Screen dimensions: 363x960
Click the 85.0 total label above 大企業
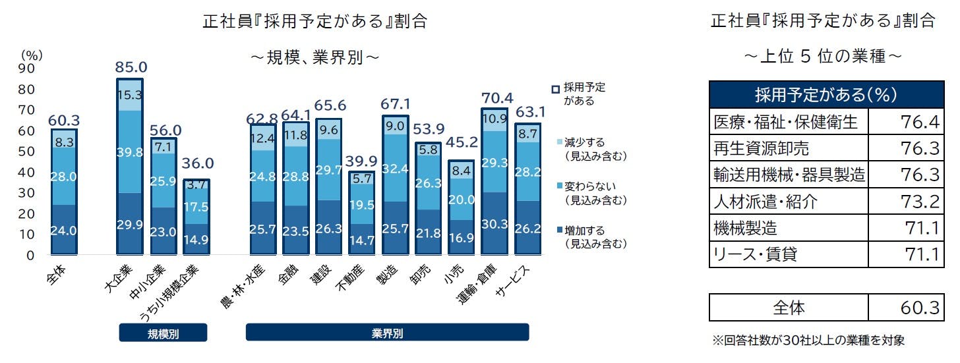tap(131, 67)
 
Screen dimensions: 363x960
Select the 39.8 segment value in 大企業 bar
tap(130, 153)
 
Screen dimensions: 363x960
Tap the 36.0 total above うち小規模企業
tap(197, 164)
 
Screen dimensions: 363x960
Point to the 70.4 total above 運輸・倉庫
tap(494, 98)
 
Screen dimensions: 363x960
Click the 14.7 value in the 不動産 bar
tap(362, 240)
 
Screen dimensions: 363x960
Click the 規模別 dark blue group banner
tap(163, 333)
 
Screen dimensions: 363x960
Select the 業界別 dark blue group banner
tap(387, 333)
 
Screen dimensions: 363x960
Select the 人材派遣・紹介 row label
tap(765, 201)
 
